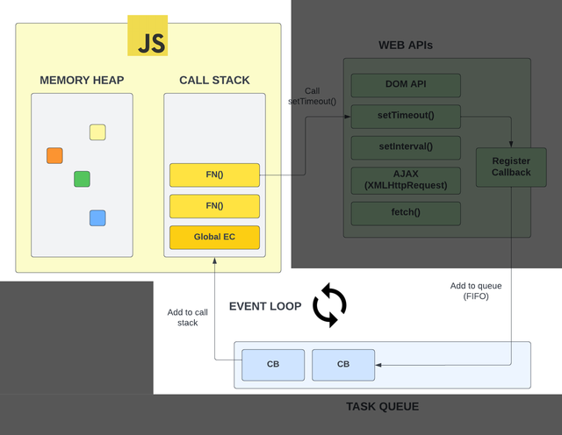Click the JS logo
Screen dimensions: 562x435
pyautogui.click(x=148, y=35)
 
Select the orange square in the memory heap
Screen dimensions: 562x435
pyautogui.click(x=54, y=156)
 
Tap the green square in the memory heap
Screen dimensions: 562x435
pyautogui.click(x=82, y=179)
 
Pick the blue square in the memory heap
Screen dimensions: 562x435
pyautogui.click(x=97, y=218)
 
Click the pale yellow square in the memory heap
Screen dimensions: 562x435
pyautogui.click(x=97, y=132)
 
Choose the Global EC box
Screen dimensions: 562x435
pyautogui.click(x=214, y=238)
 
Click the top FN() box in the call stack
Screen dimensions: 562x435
pyautogui.click(x=214, y=175)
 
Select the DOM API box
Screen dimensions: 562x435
pyautogui.click(x=406, y=85)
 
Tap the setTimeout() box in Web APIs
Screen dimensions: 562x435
pyautogui.click(x=406, y=117)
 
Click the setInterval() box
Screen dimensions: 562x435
pyautogui.click(x=406, y=147)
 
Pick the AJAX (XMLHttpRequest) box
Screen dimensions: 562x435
pyautogui.click(x=406, y=181)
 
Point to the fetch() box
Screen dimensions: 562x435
pyautogui.click(x=406, y=213)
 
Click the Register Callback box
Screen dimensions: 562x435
pyautogui.click(x=511, y=168)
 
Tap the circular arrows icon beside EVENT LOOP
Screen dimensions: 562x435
pyautogui.click(x=330, y=305)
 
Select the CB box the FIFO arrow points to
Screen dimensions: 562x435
pyautogui.click(x=343, y=365)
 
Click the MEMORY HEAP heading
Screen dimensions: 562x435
pyautogui.click(x=82, y=80)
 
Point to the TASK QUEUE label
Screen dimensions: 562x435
pyautogui.click(x=383, y=407)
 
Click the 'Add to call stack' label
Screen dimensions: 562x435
pyautogui.click(x=187, y=317)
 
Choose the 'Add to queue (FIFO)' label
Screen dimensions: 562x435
pyautogui.click(x=476, y=291)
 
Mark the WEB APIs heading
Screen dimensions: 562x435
pyautogui.click(x=406, y=45)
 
